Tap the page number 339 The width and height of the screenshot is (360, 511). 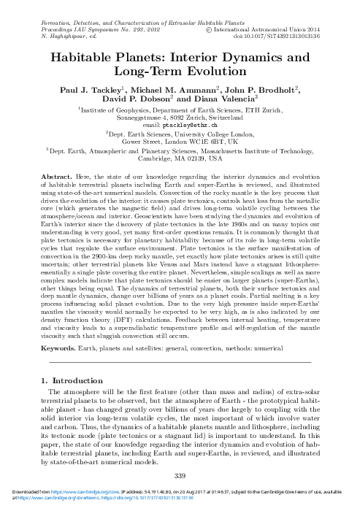pyautogui.click(x=180, y=476)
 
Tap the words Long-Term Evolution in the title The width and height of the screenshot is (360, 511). pyautogui.click(x=180, y=72)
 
